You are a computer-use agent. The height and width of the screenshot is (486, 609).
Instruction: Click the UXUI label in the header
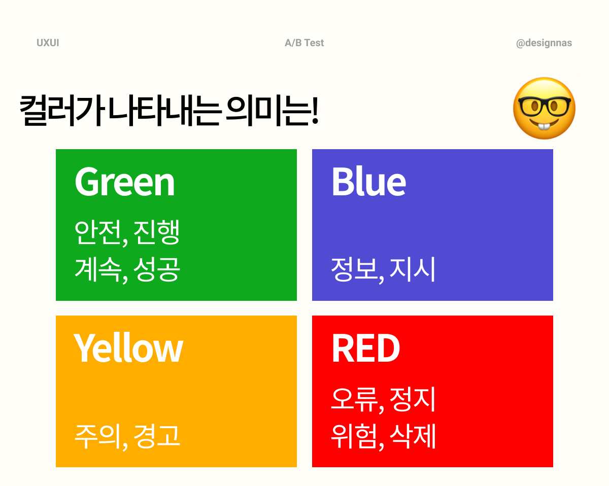coord(48,43)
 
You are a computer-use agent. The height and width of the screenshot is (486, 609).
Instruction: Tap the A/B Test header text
coord(304,43)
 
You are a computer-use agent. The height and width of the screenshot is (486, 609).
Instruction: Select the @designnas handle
coord(544,43)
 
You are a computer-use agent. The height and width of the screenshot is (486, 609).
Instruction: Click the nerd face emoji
coord(544,108)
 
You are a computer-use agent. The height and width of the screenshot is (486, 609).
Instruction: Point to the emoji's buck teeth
coord(544,126)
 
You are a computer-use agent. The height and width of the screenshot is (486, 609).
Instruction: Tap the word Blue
coord(369,181)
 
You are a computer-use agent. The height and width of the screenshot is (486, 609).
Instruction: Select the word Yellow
coord(128,348)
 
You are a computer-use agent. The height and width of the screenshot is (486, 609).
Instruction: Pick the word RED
coord(366,348)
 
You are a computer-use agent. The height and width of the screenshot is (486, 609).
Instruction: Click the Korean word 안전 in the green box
coord(98,232)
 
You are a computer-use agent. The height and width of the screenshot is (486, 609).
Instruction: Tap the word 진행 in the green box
coord(156,232)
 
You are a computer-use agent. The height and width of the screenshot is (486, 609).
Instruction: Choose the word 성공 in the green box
coord(156,269)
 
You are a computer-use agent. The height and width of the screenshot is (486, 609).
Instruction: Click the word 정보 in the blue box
coord(354,269)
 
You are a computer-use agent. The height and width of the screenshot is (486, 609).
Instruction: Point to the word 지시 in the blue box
coord(412,269)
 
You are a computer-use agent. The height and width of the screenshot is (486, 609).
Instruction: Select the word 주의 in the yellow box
coord(97,436)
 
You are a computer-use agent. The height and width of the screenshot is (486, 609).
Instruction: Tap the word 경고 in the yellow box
coord(156,436)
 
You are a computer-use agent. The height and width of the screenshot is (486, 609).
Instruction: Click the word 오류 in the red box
coord(354,399)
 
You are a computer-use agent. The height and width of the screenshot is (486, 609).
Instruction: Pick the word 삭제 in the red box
coord(413,436)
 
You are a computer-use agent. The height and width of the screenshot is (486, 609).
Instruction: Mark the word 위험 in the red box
coord(354,436)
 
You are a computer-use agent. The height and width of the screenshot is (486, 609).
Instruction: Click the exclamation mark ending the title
coord(315,110)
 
